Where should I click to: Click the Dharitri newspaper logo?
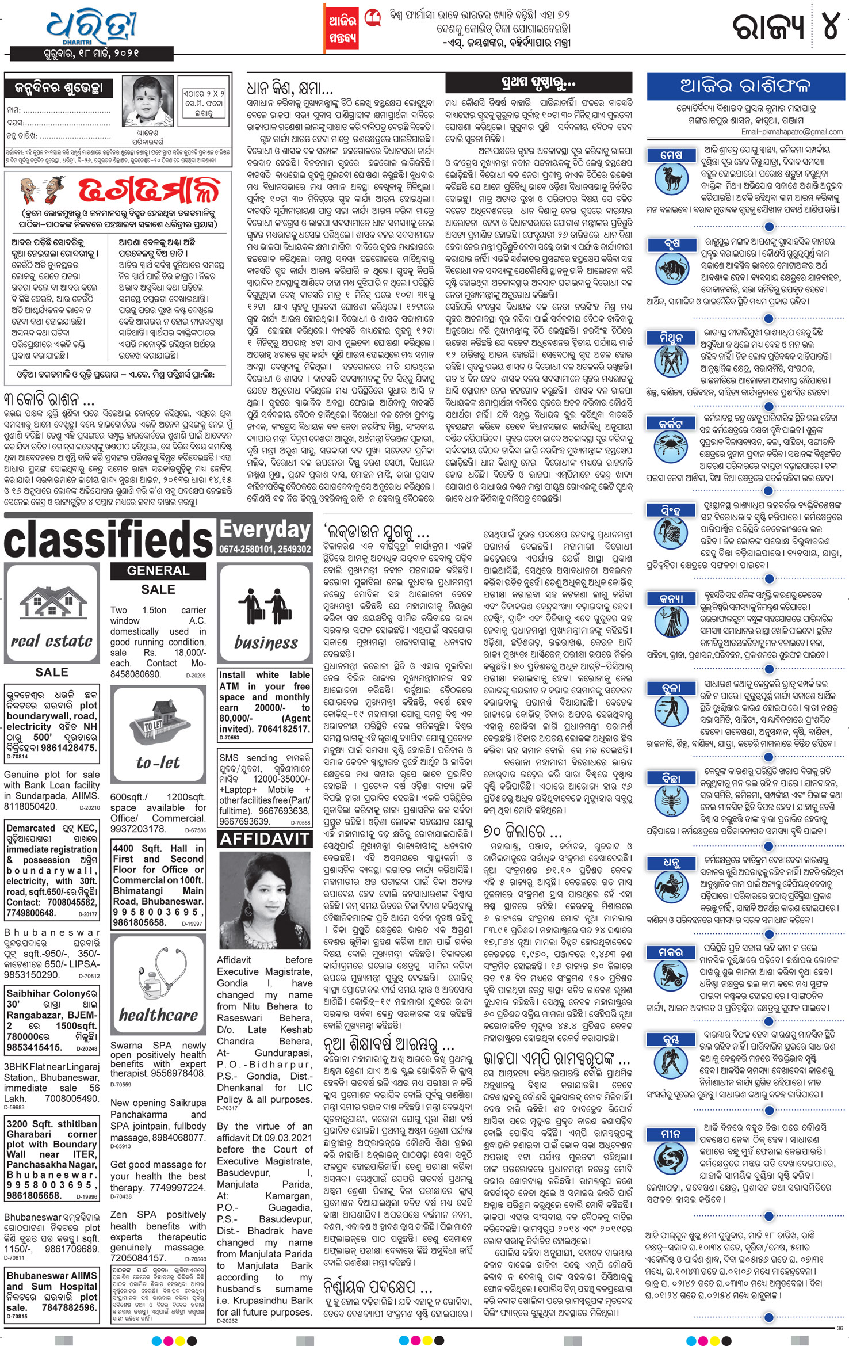pyautogui.click(x=92, y=26)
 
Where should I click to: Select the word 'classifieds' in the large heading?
pyautogui.click(x=109, y=540)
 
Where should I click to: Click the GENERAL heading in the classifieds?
pyautogui.click(x=158, y=570)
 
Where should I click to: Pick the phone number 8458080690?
pyautogui.click(x=136, y=674)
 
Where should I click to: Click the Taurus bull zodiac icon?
pyautogui.click(x=671, y=268)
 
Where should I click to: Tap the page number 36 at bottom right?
pyautogui.click(x=840, y=1328)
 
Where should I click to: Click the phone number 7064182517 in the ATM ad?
pyautogui.click(x=282, y=729)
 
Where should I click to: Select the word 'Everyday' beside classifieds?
pyautogui.click(x=265, y=528)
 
